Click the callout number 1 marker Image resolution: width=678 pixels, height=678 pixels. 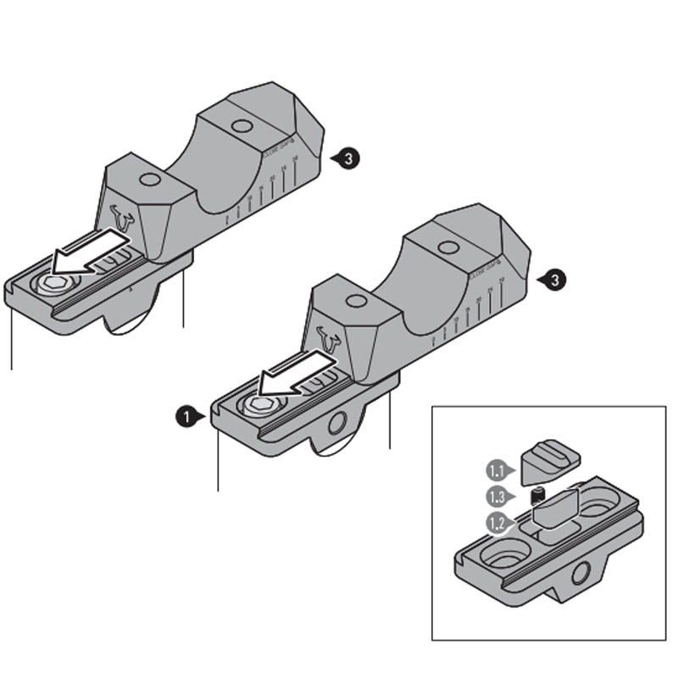(x=183, y=416)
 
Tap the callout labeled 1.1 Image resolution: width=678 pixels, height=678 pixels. (x=495, y=467)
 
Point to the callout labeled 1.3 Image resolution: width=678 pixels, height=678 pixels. (x=495, y=496)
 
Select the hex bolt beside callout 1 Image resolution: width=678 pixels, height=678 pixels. (x=255, y=406)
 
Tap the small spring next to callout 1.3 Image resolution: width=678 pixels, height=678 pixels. (x=537, y=497)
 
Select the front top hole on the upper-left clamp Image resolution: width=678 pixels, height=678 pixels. (x=150, y=180)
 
